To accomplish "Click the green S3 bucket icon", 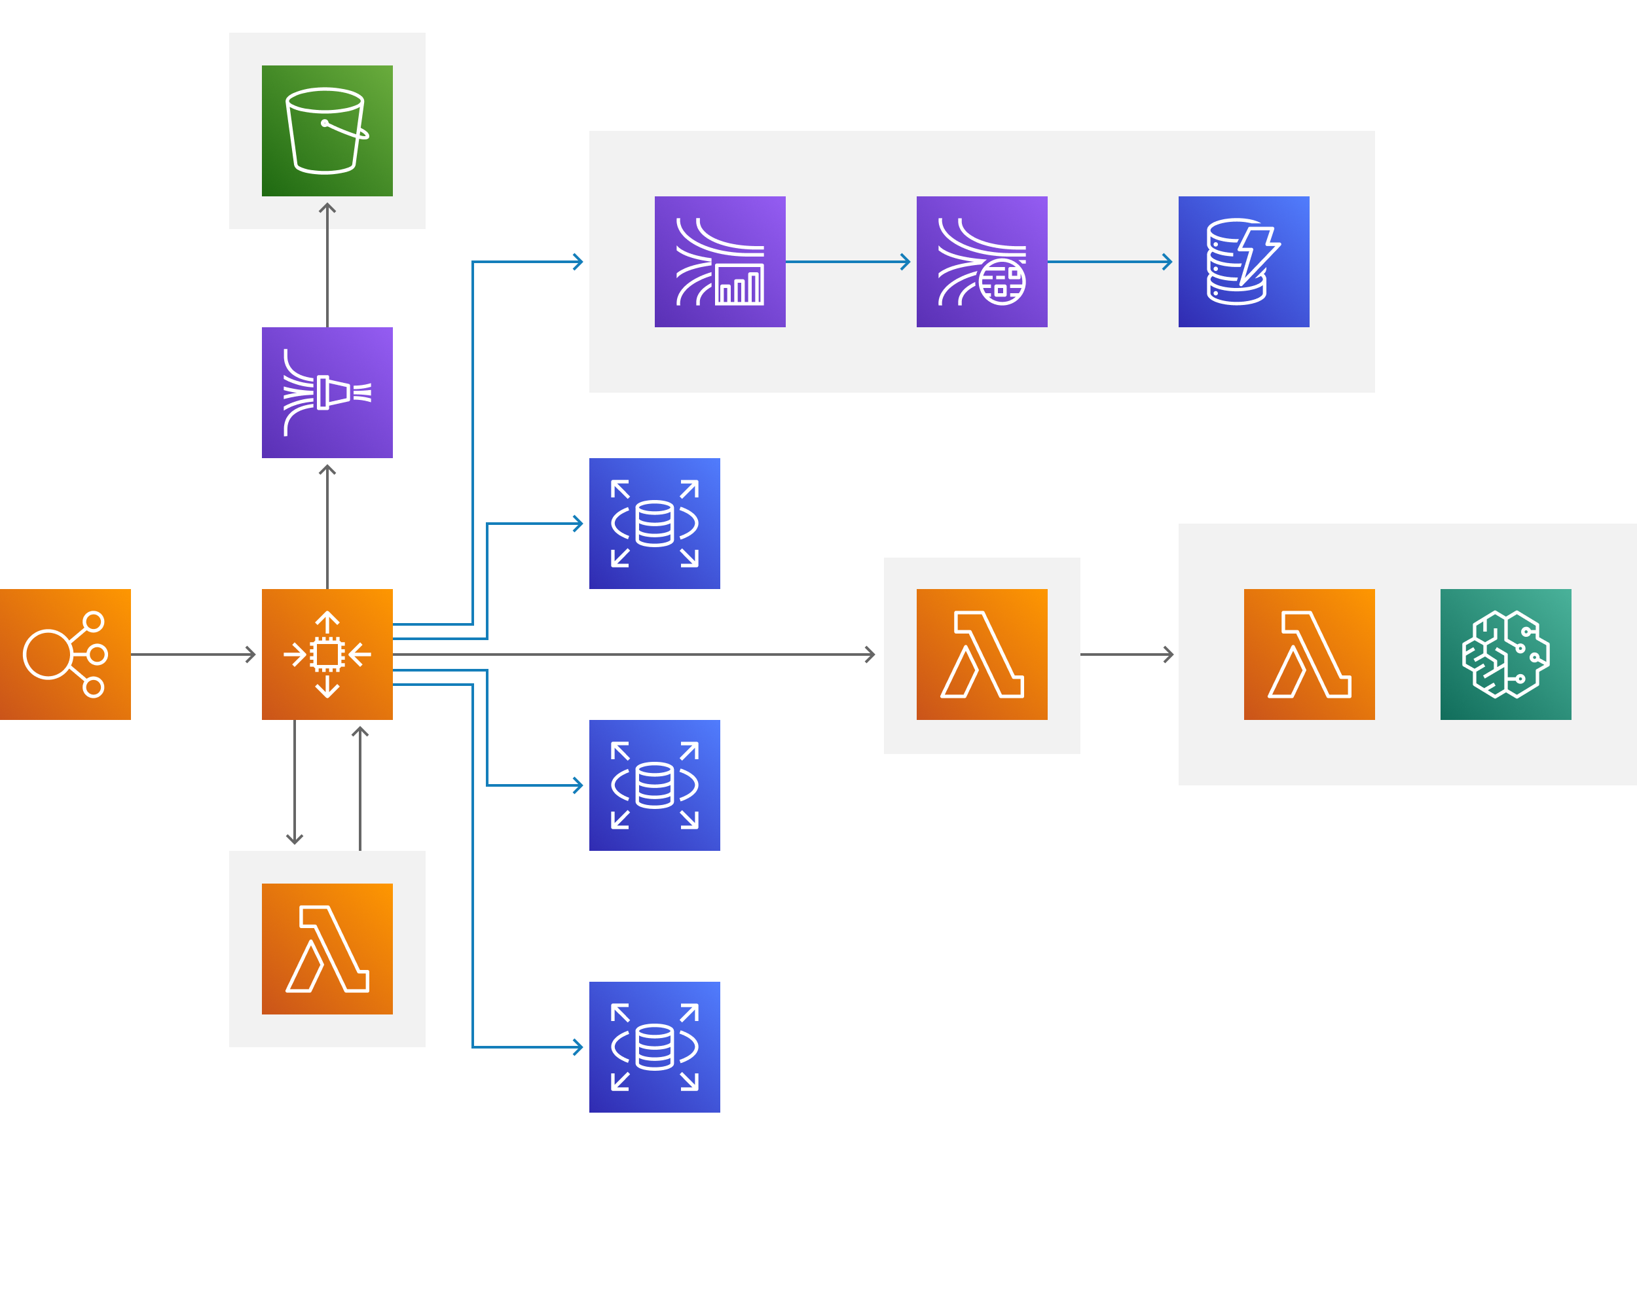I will pyautogui.click(x=327, y=130).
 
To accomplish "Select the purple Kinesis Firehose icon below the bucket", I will pyautogui.click(x=327, y=392).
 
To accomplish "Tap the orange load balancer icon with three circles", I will pyautogui.click(x=65, y=654).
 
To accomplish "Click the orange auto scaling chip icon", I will pyautogui.click(x=327, y=654).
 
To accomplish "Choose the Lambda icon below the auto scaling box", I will pyautogui.click(x=327, y=948).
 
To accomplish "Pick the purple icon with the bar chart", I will pyautogui.click(x=720, y=262).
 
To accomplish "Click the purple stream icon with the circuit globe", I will pyautogui.click(x=982, y=262).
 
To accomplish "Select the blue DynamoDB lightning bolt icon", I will pyautogui.click(x=1243, y=262).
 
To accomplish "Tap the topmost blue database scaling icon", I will pyautogui.click(x=653, y=524).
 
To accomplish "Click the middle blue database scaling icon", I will pyautogui.click(x=653, y=785).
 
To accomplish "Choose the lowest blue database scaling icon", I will pyautogui.click(x=653, y=1047).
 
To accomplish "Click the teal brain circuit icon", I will pyautogui.click(x=1505, y=654).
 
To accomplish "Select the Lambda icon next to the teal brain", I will pyautogui.click(x=1309, y=654).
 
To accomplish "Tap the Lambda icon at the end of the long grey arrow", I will pyautogui.click(x=982, y=654).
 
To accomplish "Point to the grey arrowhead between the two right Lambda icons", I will pyautogui.click(x=1169, y=654).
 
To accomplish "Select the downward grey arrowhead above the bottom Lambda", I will pyautogui.click(x=295, y=839).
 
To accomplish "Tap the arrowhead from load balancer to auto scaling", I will pyautogui.click(x=252, y=654).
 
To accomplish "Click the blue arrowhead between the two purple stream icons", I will pyautogui.click(x=906, y=262).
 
